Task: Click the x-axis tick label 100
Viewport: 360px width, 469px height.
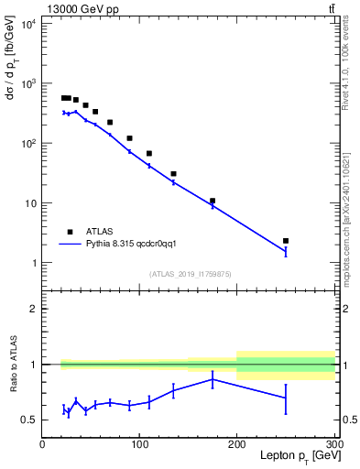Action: coord(139,444)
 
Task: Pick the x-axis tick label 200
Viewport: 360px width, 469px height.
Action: coord(237,444)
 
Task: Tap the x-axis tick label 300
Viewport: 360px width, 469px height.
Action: coord(333,444)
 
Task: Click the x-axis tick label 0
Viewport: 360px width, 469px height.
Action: coord(42,444)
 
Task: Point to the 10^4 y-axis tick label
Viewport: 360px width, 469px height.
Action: coord(27,24)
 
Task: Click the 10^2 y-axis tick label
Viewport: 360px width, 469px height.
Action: coord(27,144)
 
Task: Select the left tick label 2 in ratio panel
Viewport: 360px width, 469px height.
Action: coord(35,309)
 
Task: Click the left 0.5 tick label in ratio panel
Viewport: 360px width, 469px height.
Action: coord(30,420)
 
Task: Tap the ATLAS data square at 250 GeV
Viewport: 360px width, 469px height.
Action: coord(286,241)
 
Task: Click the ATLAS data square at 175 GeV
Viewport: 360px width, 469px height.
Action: coord(213,201)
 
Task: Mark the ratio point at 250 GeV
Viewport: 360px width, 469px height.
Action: coord(286,398)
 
